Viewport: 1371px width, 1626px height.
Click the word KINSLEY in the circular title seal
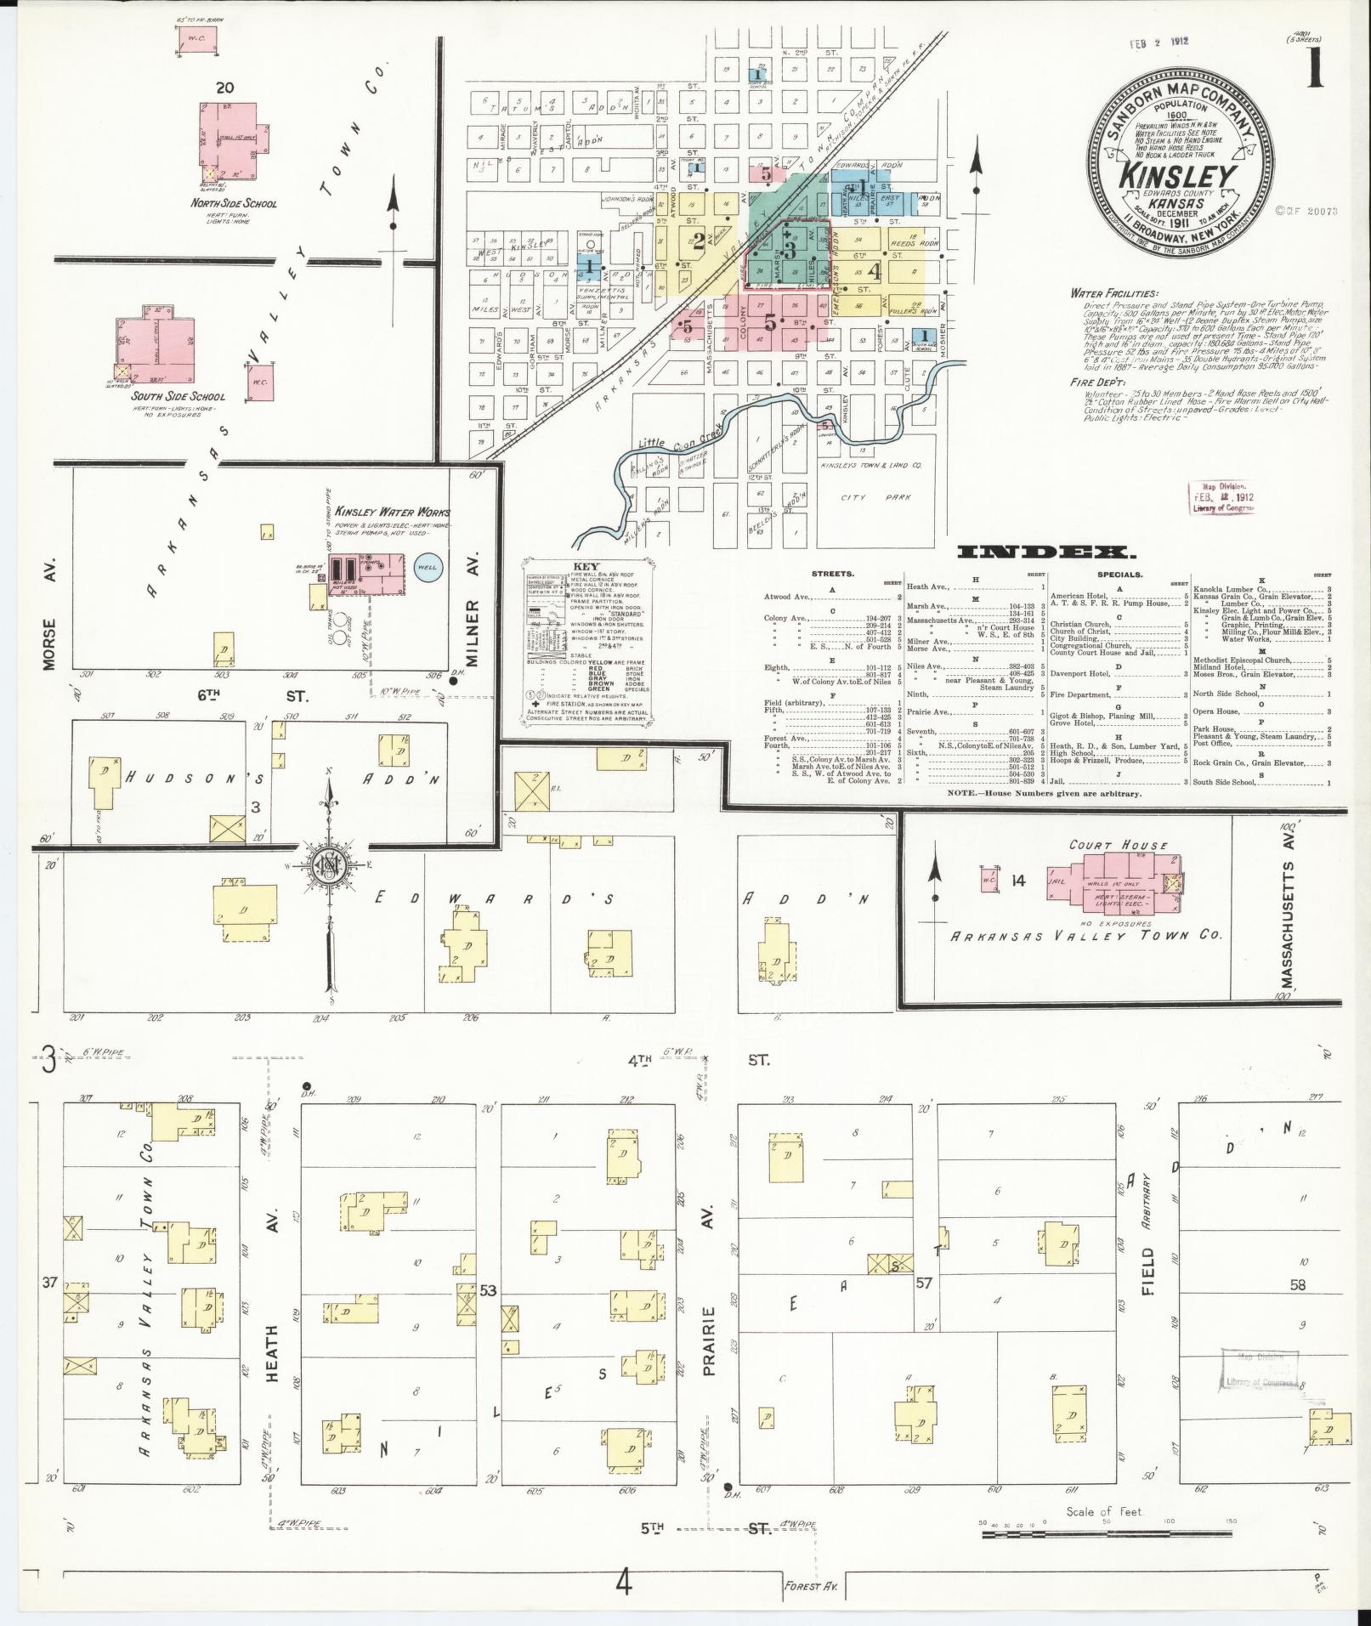pos(1176,176)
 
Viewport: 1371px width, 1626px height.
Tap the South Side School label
pos(178,396)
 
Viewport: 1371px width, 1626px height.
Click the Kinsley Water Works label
pos(392,513)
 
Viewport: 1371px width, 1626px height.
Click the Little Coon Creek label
pos(676,436)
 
